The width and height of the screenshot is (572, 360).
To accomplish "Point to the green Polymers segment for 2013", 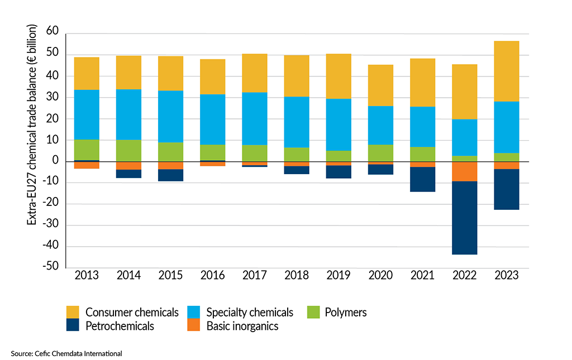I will [x=87, y=150].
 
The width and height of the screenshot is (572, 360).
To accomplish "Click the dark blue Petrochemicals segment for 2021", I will [x=423, y=179].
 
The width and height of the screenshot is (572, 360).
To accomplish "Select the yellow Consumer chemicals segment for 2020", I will [x=380, y=85].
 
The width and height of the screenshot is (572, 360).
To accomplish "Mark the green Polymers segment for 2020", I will [x=380, y=153].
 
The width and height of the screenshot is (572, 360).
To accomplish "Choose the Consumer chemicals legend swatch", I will [x=73, y=312].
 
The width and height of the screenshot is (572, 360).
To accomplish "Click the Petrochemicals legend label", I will [x=120, y=326].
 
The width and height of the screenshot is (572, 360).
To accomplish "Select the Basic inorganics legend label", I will [x=242, y=326].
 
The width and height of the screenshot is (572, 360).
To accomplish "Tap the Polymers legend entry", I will [x=345, y=312].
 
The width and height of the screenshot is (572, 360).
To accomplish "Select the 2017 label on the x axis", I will [x=255, y=276].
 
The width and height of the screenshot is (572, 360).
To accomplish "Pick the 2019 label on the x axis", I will [x=339, y=276].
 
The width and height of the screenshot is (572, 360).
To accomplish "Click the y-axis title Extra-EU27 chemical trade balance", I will [x=32, y=126].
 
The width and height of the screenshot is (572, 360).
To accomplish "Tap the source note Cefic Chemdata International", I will [x=66, y=353].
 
